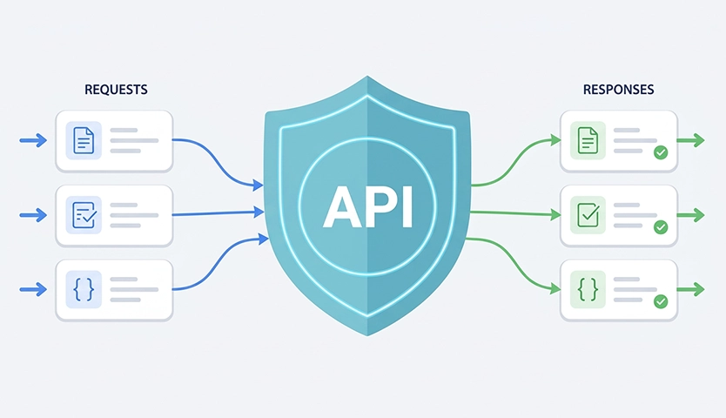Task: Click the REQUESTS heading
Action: tap(116, 90)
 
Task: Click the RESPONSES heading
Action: tap(618, 90)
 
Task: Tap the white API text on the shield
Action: tap(367, 206)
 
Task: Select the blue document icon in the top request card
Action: tap(84, 140)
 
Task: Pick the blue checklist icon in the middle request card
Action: tap(84, 215)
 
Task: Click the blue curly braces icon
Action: tap(84, 290)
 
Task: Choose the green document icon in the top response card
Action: tap(588, 140)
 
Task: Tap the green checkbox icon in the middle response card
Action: tap(588, 215)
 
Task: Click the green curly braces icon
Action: tap(588, 290)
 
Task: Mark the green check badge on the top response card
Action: tap(661, 152)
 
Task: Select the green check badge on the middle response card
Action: tap(661, 226)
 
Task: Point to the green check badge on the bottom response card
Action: tap(661, 301)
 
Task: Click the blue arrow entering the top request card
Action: tap(33, 140)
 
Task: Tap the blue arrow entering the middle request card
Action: tap(33, 215)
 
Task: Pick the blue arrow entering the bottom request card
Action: tap(33, 290)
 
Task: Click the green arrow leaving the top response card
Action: tap(690, 140)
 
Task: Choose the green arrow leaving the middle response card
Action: tap(690, 215)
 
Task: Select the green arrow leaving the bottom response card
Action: tap(690, 290)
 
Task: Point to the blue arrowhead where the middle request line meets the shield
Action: tap(259, 212)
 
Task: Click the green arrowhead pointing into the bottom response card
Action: tap(555, 289)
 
